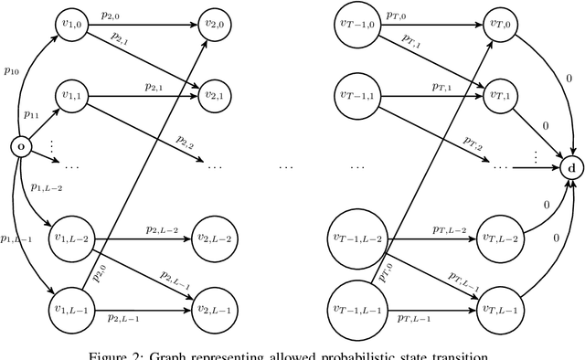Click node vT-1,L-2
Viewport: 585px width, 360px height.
357,239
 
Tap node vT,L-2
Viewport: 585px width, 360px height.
499,239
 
